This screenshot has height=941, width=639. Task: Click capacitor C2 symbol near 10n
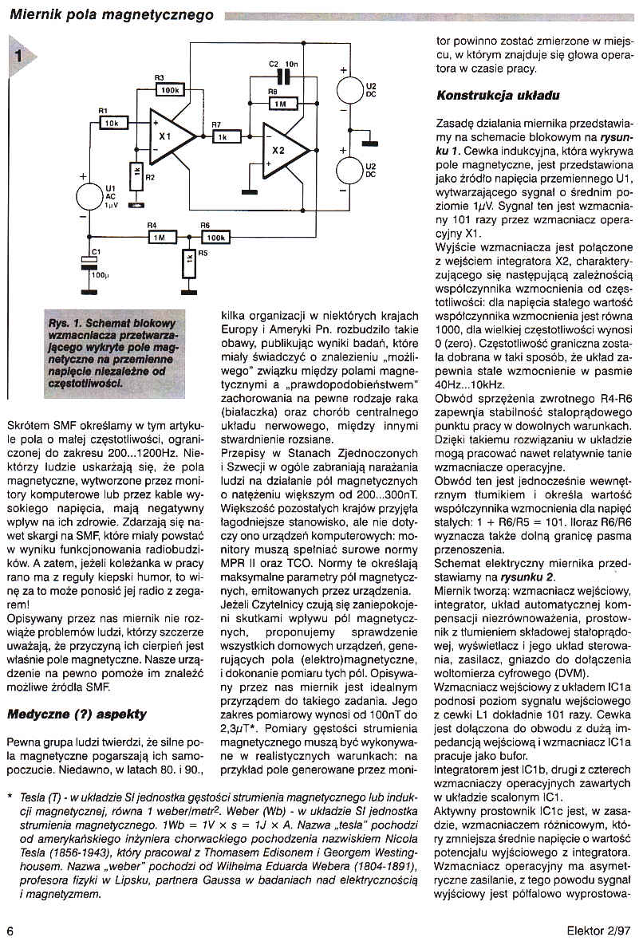pyautogui.click(x=280, y=77)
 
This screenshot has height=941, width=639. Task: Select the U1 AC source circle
pyautogui.click(x=90, y=195)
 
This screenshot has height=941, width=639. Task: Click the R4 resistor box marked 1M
pyautogui.click(x=160, y=237)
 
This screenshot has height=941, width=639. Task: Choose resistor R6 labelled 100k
pyautogui.click(x=215, y=237)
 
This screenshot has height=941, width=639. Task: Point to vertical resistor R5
pyautogui.click(x=188, y=261)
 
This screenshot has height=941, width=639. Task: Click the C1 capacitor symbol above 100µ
pyautogui.click(x=89, y=264)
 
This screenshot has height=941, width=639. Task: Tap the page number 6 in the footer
pyautogui.click(x=10, y=929)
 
